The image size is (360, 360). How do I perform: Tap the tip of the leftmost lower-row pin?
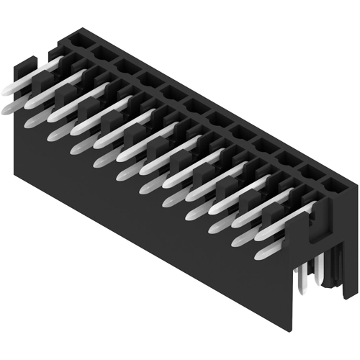click(x=7, y=109)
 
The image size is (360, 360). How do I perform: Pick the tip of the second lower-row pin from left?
click(x=30, y=123)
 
